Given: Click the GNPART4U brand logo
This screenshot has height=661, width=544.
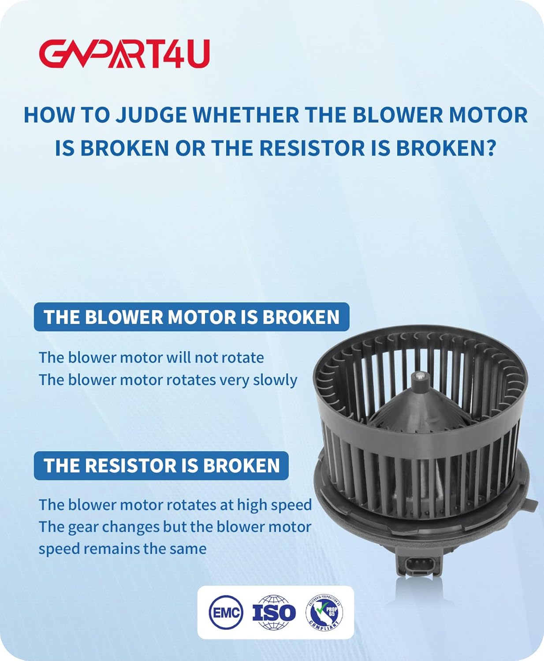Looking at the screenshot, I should click(124, 54).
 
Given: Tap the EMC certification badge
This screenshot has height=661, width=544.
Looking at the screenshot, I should click(226, 612).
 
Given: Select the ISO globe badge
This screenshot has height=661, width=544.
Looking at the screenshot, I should click(274, 612).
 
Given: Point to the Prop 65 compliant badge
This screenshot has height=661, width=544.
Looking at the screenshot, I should click(324, 612).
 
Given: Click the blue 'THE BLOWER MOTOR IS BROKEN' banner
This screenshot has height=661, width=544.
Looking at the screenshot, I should click(191, 317).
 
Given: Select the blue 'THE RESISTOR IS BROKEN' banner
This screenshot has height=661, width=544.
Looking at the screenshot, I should click(161, 465).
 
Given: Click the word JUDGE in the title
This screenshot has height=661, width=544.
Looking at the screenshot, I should click(151, 115).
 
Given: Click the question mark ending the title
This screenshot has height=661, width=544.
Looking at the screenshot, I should click(490, 148).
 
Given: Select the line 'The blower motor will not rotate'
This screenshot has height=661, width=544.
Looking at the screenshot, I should click(151, 357).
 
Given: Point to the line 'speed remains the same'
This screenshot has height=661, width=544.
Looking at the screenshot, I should click(123, 549).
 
